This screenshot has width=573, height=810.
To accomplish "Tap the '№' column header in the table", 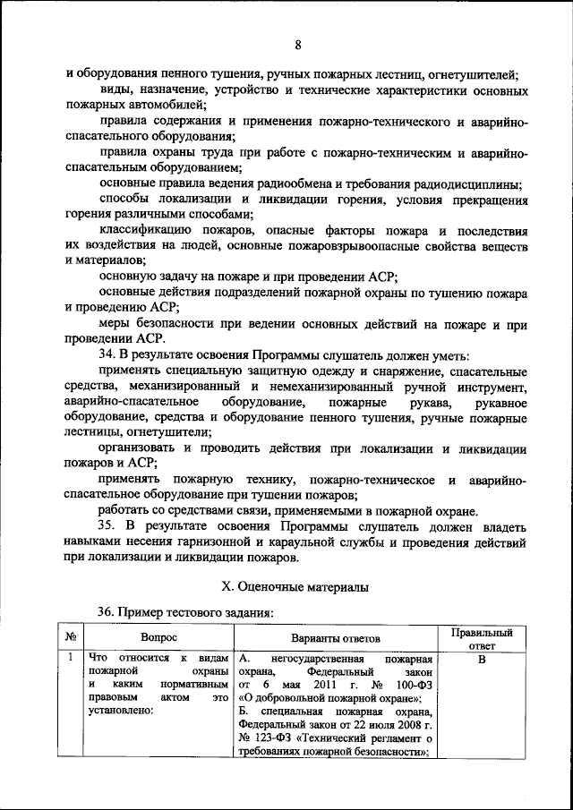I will click(70, 638).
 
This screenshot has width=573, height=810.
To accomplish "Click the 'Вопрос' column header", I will click(158, 638).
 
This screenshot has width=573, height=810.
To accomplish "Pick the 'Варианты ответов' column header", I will click(336, 638).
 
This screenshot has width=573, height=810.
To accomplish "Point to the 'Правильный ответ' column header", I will click(481, 638).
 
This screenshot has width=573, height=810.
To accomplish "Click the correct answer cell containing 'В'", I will click(481, 661).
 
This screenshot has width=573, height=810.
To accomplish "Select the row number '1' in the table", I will click(70, 661).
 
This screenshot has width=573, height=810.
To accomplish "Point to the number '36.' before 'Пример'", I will click(108, 612).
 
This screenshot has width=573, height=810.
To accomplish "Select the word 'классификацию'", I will click(144, 230).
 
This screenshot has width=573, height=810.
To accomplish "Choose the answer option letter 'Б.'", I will click(245, 712).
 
